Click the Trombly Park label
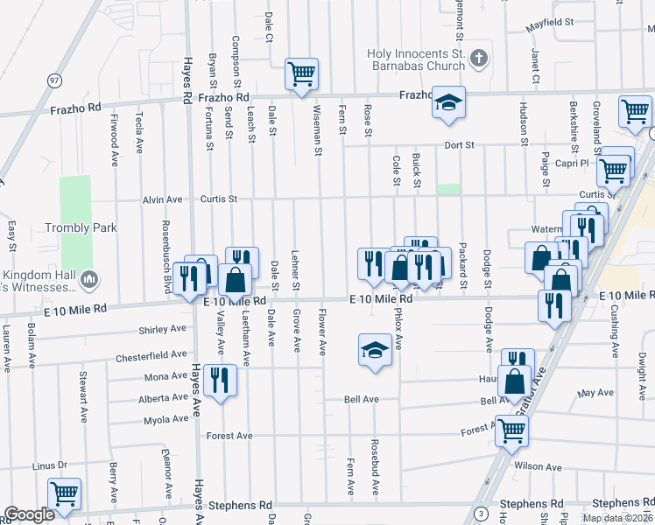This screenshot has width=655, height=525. point(81,227)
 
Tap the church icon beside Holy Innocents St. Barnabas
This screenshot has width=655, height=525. point(478,59)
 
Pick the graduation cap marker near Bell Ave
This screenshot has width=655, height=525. point(375,351)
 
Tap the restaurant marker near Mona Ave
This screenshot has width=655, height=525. point(219,381)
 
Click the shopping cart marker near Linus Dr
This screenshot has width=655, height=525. point(64,493)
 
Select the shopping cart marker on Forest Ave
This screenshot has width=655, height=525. point(511,430)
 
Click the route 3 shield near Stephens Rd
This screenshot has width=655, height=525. point(481,513)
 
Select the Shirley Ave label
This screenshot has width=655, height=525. point(163,330)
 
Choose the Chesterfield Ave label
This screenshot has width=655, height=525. point(151,357)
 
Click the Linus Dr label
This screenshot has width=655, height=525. point(50,466)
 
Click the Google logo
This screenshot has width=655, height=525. point(29,514)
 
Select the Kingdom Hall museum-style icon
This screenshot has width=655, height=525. point(88,280)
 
